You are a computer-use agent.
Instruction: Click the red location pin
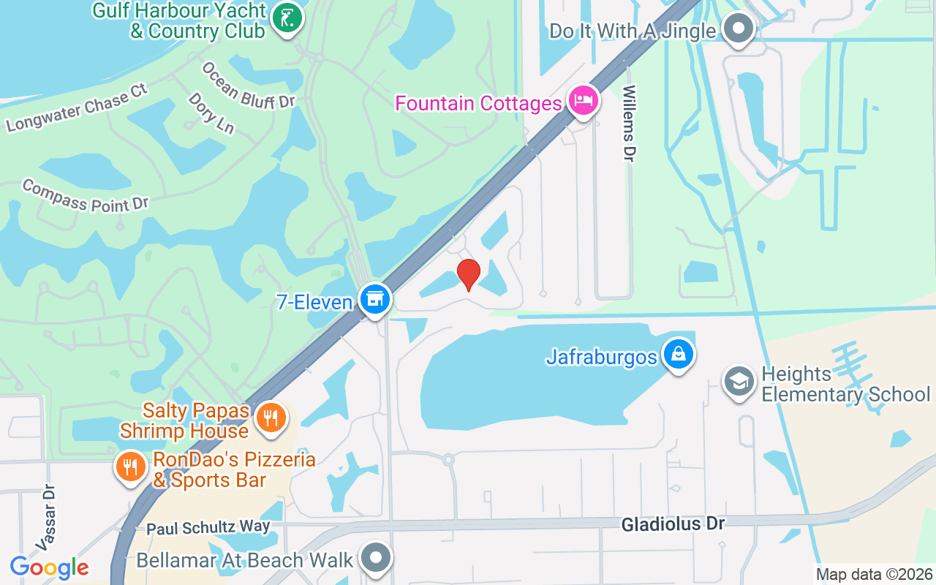tap(468, 274)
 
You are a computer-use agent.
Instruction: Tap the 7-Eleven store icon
tap(375, 299)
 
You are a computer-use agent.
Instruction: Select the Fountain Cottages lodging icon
tap(583, 101)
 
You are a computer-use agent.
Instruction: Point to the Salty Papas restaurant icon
tap(271, 418)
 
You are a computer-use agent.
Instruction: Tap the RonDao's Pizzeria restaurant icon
tap(131, 466)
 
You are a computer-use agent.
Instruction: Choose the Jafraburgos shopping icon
tap(679, 355)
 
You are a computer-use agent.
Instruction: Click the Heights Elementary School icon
tap(739, 381)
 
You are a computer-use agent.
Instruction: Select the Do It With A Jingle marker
tap(738, 29)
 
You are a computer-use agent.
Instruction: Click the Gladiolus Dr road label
tap(673, 524)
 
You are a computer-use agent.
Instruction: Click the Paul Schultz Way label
tap(208, 527)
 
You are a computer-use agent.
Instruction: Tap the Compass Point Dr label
tap(86, 196)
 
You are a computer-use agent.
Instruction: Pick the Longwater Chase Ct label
tap(77, 108)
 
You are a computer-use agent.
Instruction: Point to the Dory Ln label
tap(211, 113)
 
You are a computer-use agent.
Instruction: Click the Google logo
tap(49, 567)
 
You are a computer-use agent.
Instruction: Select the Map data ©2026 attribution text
tap(875, 575)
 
